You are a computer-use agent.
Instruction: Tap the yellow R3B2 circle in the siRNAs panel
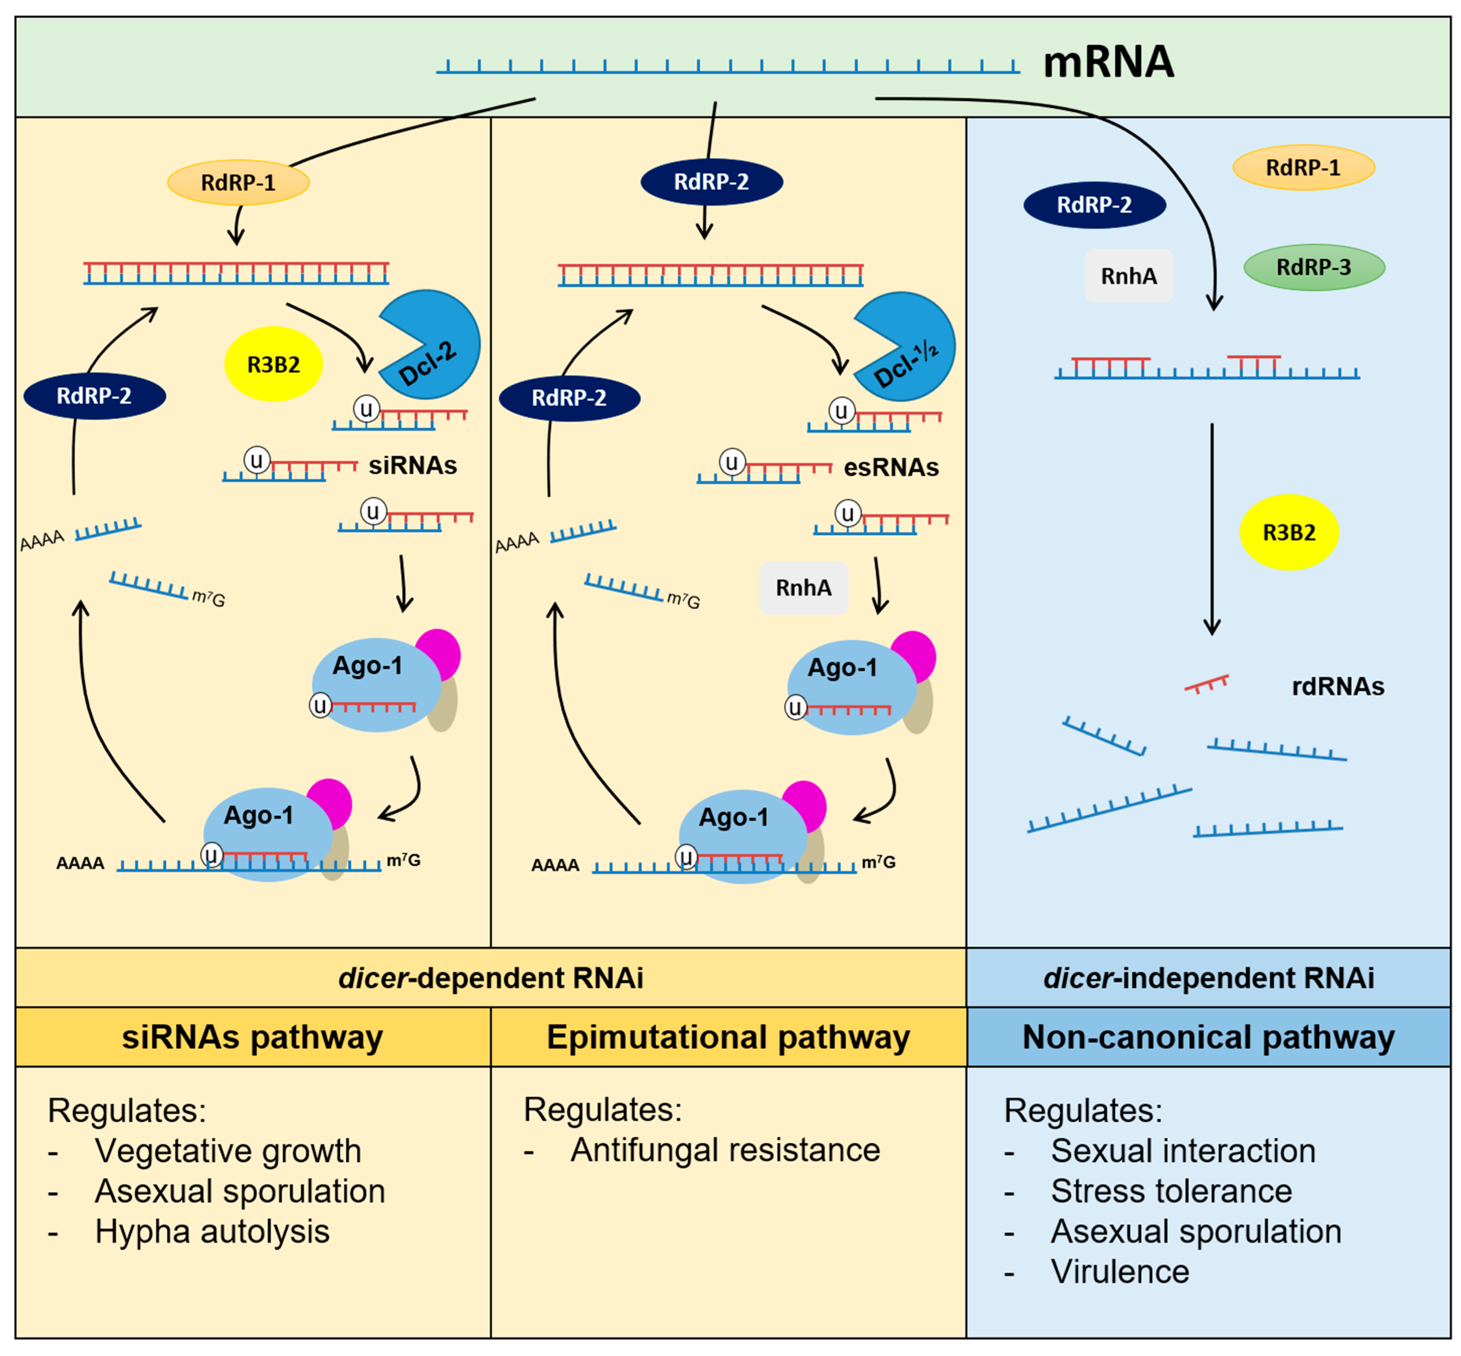(x=273, y=364)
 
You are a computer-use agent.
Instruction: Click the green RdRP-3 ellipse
(x=1313, y=267)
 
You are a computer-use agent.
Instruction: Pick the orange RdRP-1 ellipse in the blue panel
(x=1303, y=167)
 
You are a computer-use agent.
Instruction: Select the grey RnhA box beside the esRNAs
(x=803, y=588)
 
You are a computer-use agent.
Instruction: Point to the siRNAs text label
(x=412, y=465)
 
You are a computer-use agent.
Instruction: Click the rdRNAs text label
(x=1337, y=686)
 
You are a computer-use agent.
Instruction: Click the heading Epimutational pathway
(x=727, y=1037)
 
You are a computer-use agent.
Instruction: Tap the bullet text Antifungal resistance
(x=725, y=1150)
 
